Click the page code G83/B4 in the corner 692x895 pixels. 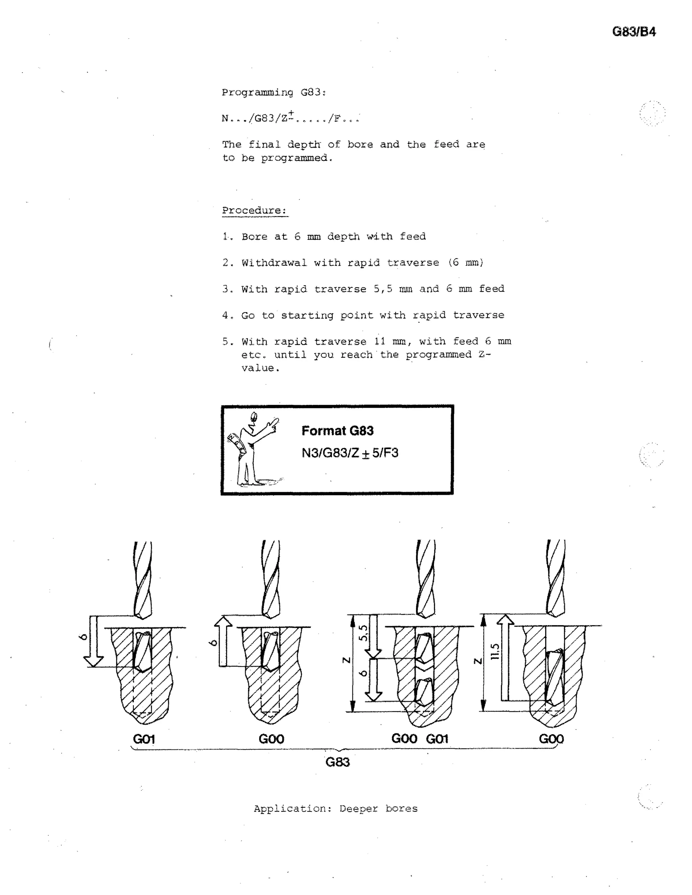point(634,32)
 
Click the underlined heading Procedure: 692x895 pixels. point(254,211)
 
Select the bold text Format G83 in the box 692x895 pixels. point(338,431)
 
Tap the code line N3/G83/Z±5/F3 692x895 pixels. point(350,453)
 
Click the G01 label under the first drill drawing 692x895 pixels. point(144,739)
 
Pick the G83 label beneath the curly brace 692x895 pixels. point(338,762)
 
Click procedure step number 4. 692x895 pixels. point(227,315)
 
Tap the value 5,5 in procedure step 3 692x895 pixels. point(382,289)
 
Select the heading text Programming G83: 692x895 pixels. point(273,92)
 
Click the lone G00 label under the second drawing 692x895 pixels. point(271,739)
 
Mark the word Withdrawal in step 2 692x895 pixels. point(274,263)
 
